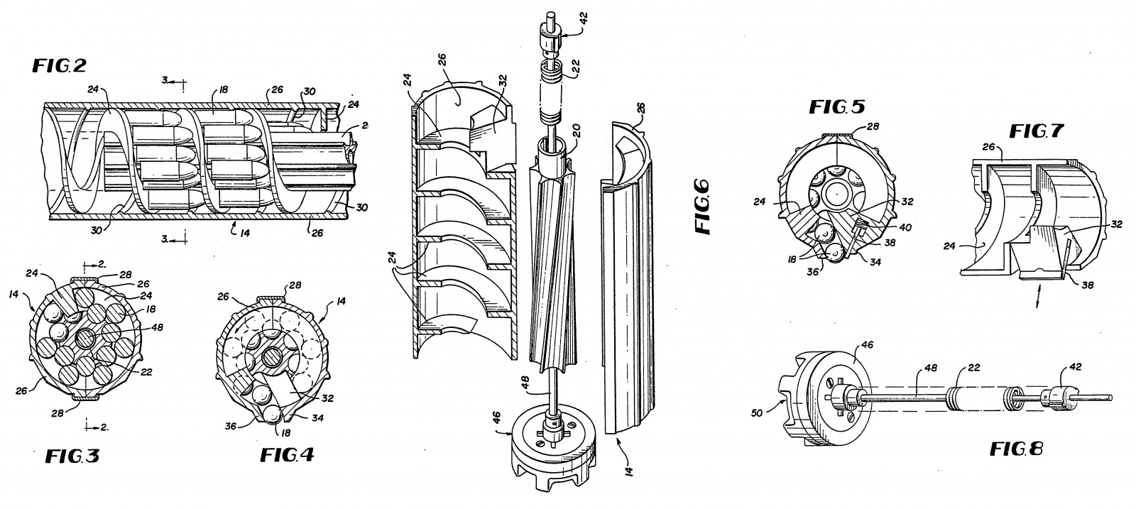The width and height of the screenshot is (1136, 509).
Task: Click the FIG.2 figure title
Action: [60, 65]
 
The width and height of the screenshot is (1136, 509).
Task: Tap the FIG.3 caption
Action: [72, 456]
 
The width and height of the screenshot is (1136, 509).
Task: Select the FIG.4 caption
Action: [287, 455]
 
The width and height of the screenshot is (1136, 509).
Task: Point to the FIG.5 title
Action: [837, 106]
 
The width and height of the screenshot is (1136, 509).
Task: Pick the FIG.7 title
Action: [1036, 131]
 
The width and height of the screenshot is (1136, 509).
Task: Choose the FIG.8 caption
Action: [1016, 449]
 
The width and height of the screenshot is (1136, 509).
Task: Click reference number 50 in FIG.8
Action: [757, 412]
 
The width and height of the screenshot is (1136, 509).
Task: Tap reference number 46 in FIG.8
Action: [867, 345]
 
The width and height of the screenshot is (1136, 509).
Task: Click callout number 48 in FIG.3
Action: [157, 327]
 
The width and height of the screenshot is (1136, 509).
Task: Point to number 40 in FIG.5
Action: [905, 228]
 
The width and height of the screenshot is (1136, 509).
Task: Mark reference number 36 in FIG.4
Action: [231, 426]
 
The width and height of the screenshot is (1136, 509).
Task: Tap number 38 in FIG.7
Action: [1087, 285]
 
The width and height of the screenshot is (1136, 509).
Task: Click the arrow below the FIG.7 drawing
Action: [1038, 296]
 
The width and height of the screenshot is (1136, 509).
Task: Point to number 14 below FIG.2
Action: [245, 233]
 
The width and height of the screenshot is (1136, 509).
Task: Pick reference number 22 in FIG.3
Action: [146, 371]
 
